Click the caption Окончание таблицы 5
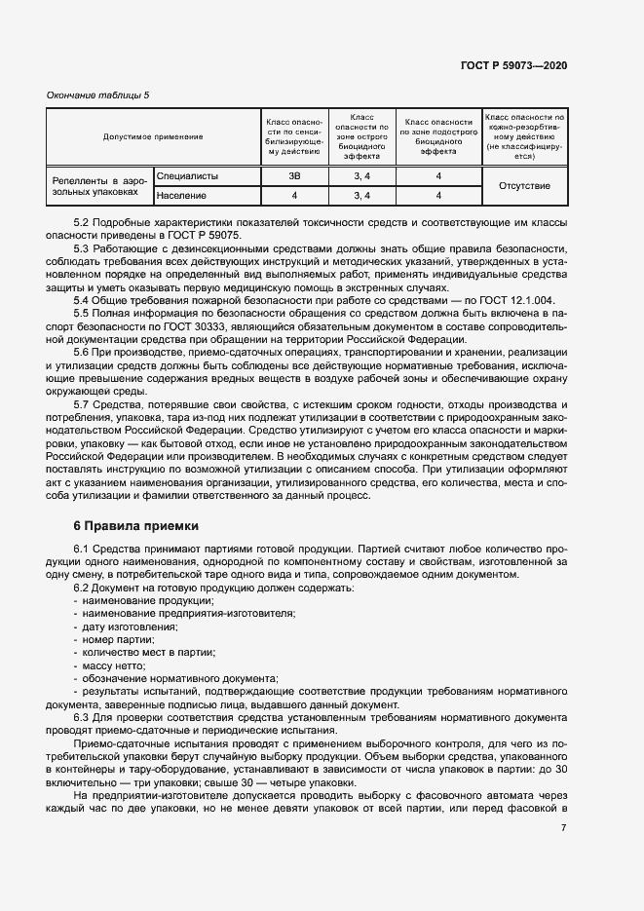coord(98,95)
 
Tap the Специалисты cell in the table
coord(187,176)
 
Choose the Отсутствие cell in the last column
coord(524,186)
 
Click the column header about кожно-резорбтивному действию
coord(524,136)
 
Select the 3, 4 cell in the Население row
coord(361,196)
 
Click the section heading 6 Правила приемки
coord(135,525)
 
